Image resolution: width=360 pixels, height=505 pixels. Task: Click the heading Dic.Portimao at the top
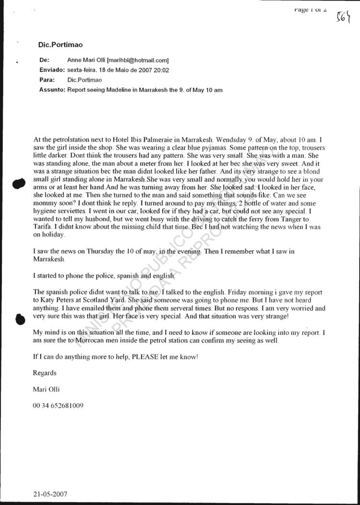[60, 45]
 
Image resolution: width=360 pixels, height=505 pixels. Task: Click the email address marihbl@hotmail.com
[138, 60]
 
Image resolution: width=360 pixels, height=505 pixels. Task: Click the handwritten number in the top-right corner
[344, 18]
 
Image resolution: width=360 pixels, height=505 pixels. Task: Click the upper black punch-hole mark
[19, 184]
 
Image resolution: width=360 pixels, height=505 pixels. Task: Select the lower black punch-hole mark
[19, 320]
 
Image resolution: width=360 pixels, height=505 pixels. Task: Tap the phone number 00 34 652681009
[58, 405]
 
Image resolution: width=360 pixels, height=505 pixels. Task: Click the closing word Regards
[45, 373]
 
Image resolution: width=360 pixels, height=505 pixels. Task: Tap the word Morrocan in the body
[86, 341]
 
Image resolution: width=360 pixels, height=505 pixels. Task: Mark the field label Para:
[47, 80]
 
